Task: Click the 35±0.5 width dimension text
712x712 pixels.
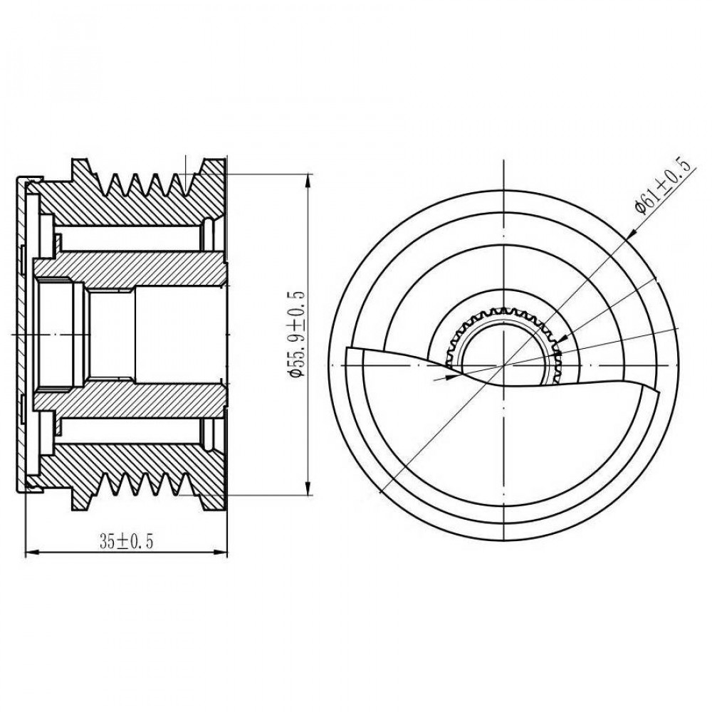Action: pyautogui.click(x=127, y=541)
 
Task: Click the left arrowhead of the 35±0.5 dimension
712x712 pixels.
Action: pyautogui.click(x=31, y=553)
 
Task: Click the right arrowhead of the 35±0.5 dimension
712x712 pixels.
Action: pyautogui.click(x=221, y=553)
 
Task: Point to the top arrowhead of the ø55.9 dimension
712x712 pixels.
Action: pyautogui.click(x=309, y=179)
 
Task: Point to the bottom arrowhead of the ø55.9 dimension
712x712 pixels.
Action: pyautogui.click(x=309, y=488)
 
